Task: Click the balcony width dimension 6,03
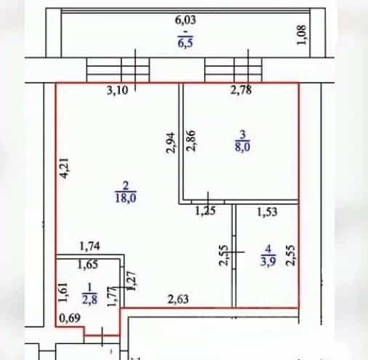185,20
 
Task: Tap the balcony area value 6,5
185,43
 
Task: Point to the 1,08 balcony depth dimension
302,35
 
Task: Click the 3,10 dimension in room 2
117,91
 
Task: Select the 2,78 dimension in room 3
241,90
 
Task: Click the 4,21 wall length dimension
65,168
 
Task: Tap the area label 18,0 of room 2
126,198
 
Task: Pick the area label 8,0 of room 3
242,147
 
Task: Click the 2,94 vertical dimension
170,143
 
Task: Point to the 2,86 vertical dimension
191,141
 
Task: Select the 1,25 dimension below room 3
205,211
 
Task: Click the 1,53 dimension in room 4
267,212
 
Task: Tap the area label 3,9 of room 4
268,262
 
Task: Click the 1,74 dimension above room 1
89,247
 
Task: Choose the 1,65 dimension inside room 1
88,265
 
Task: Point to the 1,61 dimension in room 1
63,292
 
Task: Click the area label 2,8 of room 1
89,300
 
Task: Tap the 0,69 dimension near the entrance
70,318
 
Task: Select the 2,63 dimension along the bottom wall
178,300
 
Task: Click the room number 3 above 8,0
243,134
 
